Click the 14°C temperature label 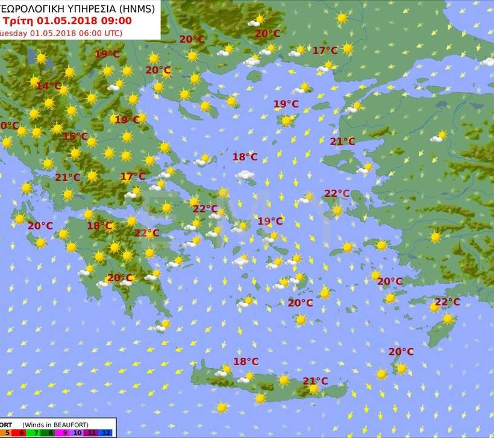tap(49, 86)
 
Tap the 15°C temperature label tap(75, 136)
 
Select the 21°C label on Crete tap(315, 381)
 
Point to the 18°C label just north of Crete tap(246, 361)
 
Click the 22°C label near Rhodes tap(447, 302)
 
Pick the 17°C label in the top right tap(325, 51)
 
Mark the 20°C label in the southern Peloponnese tap(120, 278)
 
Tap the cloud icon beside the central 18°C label tap(245, 175)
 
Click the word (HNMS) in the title tap(137, 8)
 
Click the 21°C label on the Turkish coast tap(342, 142)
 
